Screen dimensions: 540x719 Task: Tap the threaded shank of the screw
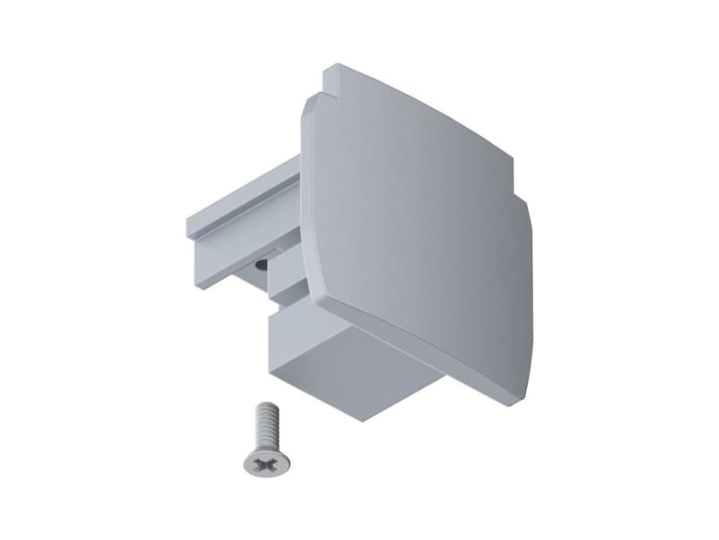click(x=264, y=426)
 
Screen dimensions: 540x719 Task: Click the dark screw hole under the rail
click(x=260, y=265)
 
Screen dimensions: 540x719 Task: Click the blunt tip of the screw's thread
click(x=263, y=407)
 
